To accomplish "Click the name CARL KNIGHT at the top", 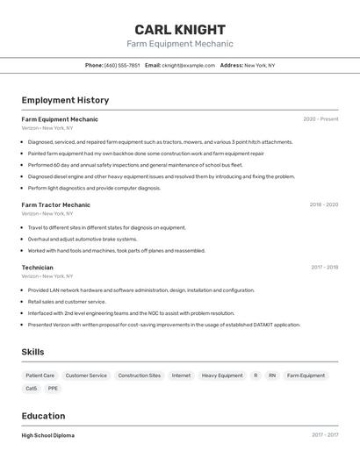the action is point(180,30).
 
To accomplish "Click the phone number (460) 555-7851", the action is point(122,65).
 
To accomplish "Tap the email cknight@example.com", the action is point(188,65).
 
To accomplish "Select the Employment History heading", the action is point(65,100).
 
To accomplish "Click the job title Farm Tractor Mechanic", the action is point(56,204).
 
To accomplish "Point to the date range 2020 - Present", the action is point(320,119).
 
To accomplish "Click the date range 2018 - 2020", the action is point(323,204).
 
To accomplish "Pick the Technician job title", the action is point(37,268).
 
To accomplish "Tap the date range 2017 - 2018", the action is point(324,268).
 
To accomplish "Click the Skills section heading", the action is point(33,352).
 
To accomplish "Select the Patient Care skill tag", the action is point(40,376).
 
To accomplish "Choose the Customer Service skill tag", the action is point(86,376).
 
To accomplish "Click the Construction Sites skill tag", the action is point(140,376).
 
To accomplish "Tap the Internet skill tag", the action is point(181,376).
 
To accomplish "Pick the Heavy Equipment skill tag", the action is point(222,376).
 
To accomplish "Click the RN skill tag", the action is point(272,376).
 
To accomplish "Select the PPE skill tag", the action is point(54,388).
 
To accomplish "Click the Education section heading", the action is point(43,416).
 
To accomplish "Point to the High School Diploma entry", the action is point(48,435).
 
